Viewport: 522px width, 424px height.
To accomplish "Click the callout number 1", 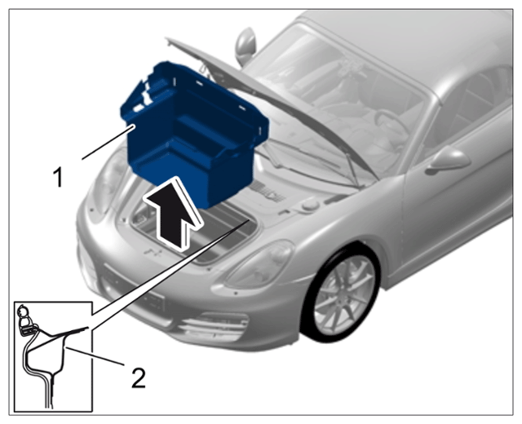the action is (58, 178).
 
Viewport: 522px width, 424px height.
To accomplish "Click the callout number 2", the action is (139, 378).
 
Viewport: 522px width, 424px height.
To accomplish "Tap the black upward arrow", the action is (173, 213).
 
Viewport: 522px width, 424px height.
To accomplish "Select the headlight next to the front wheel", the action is (259, 267).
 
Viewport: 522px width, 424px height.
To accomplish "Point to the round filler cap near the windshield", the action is (311, 205).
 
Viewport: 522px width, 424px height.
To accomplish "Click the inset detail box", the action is (53, 356).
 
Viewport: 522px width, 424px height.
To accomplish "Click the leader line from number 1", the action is (108, 142).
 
